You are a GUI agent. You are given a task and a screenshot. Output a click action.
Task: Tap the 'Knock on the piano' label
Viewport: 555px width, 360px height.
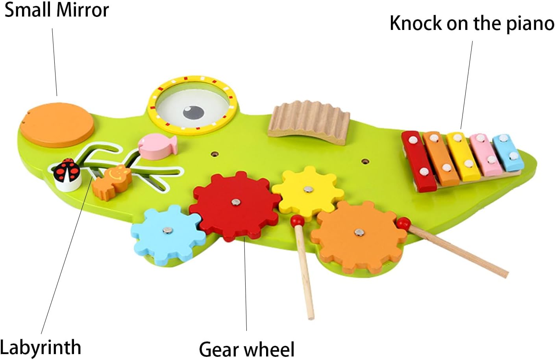tap(472, 23)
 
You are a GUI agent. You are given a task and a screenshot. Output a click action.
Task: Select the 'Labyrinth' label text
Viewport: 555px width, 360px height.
tap(41, 347)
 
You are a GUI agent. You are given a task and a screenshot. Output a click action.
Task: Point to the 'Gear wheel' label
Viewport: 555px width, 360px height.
tap(246, 349)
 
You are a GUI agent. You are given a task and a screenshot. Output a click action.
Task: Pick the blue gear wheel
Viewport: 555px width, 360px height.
tap(167, 234)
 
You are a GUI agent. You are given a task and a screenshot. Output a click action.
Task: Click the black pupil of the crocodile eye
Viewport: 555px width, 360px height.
tap(193, 112)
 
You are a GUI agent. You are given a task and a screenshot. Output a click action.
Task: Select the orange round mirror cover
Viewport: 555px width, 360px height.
tap(57, 124)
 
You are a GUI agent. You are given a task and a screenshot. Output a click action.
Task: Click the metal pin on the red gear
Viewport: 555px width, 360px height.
tap(235, 202)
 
